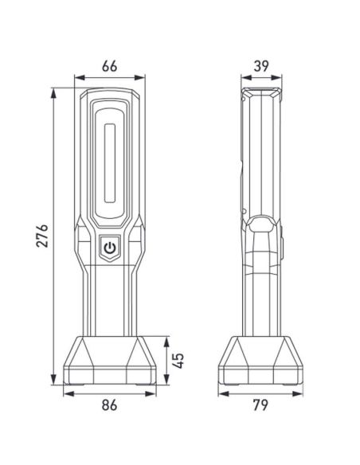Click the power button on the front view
coord(110,248)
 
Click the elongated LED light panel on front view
coord(110,156)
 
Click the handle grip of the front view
coord(110,295)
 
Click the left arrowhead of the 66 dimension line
coord(76,78)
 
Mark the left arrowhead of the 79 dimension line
coord(219,393)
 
